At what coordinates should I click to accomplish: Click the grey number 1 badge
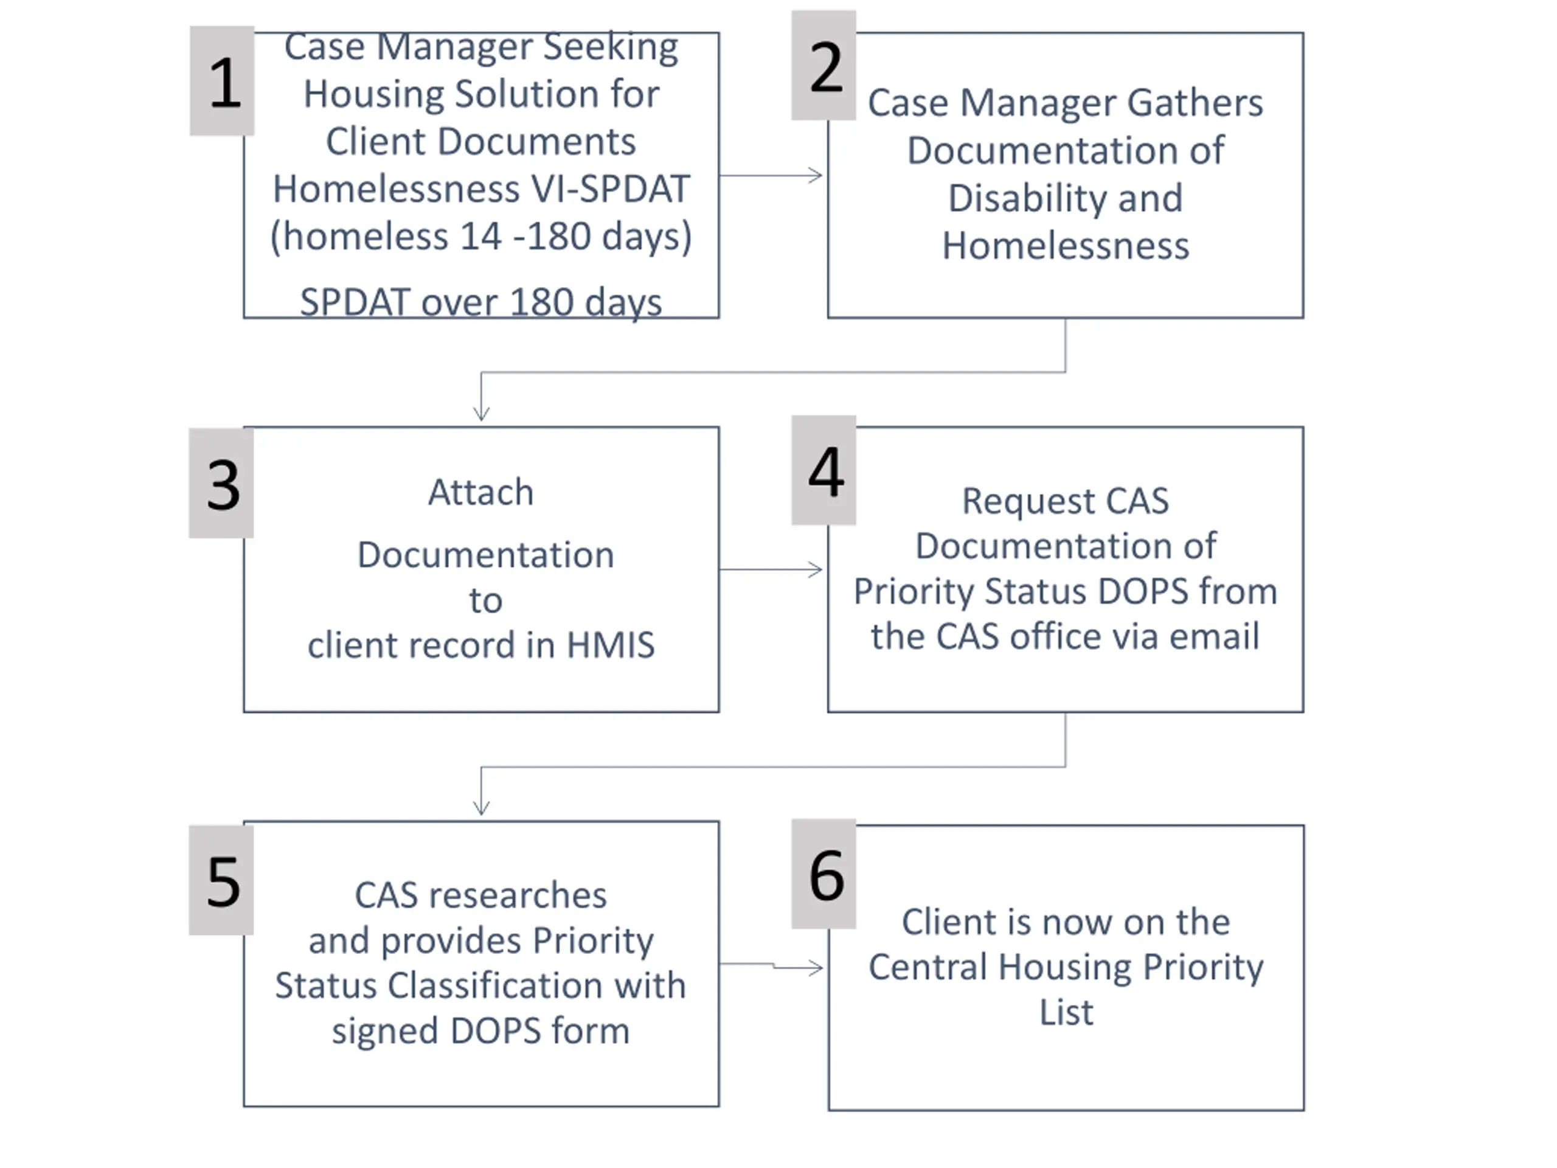point(222,81)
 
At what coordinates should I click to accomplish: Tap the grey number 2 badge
point(824,66)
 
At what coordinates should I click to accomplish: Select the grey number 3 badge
point(221,483)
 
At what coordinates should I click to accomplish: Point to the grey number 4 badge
point(824,470)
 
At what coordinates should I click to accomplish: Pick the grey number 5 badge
point(221,880)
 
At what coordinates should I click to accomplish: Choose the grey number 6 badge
point(824,874)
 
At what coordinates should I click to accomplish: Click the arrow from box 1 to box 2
point(771,175)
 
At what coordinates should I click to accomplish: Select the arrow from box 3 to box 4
point(771,569)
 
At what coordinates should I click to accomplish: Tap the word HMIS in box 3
point(610,645)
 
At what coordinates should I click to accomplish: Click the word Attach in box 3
point(482,492)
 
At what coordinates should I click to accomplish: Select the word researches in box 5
point(518,896)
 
